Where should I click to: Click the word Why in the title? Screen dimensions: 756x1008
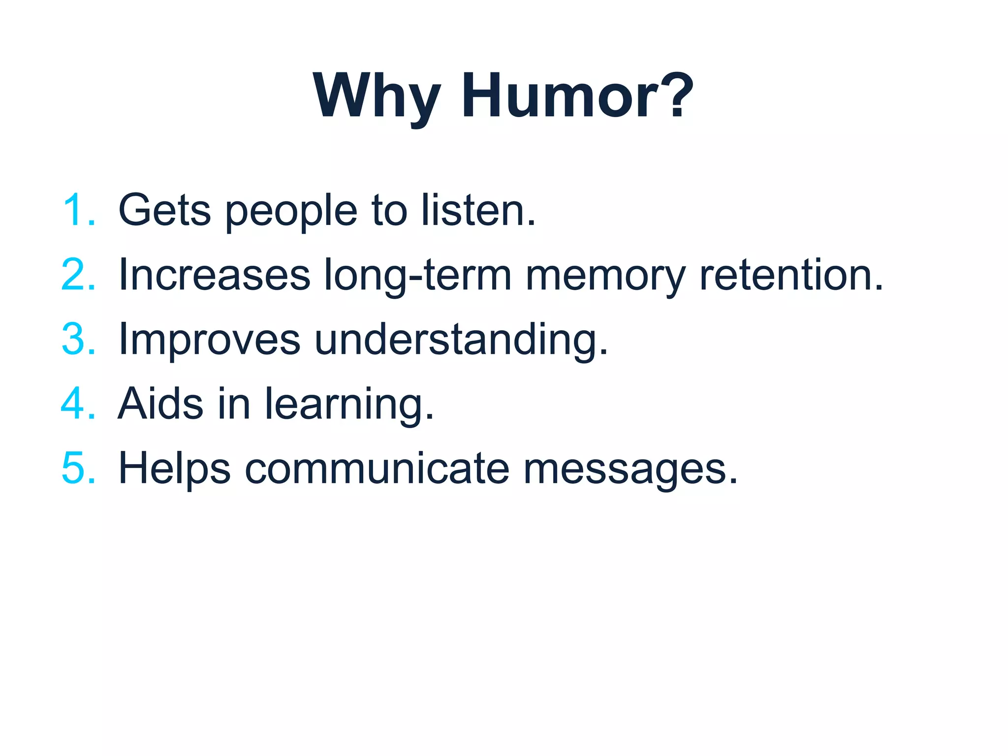pyautogui.click(x=377, y=96)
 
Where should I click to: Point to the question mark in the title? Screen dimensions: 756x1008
pyautogui.click(x=677, y=96)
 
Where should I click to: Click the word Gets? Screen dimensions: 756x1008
pyautogui.click(x=164, y=210)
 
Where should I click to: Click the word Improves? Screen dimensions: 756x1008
pyautogui.click(x=210, y=341)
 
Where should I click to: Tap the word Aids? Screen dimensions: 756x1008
pyautogui.click(x=160, y=404)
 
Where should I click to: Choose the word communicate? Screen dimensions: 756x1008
pyautogui.click(x=377, y=468)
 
